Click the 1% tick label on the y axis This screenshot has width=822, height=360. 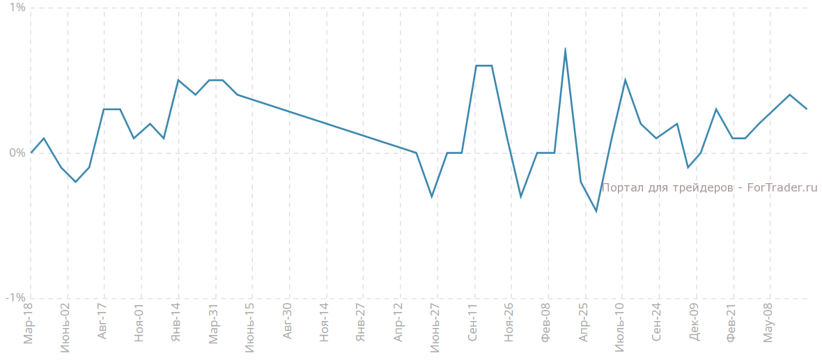point(17,8)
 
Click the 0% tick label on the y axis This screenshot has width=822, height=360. point(17,152)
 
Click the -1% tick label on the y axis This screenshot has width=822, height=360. point(15,298)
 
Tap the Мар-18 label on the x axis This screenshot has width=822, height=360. point(29,324)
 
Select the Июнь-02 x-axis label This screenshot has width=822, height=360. point(65,327)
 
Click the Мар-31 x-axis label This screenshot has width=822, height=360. point(213,324)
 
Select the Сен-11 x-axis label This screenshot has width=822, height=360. point(472,323)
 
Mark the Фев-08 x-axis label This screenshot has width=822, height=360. point(546,323)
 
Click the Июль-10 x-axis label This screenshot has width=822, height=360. point(620,327)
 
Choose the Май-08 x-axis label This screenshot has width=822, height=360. point(768,323)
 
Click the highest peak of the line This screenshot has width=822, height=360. point(565,49)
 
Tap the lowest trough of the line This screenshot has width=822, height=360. point(596,211)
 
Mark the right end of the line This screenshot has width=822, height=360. point(807,109)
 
